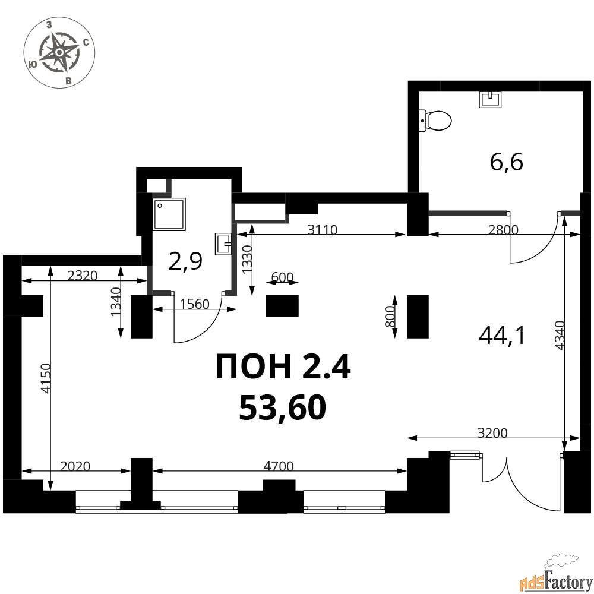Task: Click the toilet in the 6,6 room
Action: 435,121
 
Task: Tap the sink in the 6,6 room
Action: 491,100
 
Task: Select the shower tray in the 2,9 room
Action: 170,214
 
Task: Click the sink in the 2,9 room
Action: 223,244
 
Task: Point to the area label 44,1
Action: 502,335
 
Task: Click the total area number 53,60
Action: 282,407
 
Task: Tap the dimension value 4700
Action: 279,466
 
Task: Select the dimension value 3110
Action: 322,229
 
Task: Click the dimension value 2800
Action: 503,229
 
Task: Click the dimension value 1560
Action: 194,304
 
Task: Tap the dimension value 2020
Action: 75,466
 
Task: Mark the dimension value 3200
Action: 492,432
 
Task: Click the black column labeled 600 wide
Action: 282,306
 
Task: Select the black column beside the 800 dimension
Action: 418,317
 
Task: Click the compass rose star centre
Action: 59,52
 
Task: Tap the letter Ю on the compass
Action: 33,64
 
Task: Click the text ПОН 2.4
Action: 283,366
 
